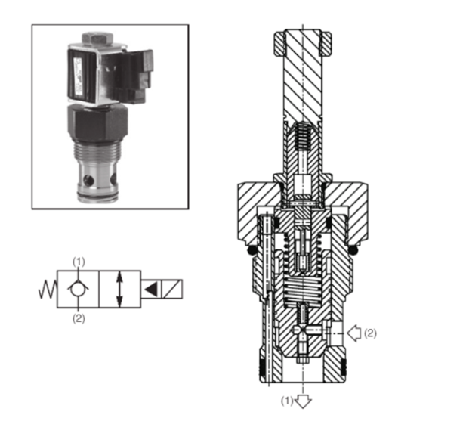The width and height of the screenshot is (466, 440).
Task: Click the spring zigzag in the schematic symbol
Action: click(x=47, y=289)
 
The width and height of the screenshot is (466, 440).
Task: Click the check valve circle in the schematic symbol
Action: click(x=77, y=289)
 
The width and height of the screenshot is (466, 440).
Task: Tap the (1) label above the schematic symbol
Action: click(x=78, y=261)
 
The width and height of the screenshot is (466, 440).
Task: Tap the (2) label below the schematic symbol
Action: click(x=78, y=318)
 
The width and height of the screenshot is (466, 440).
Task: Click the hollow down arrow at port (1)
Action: click(x=304, y=400)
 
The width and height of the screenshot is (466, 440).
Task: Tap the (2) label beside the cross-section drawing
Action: click(x=371, y=332)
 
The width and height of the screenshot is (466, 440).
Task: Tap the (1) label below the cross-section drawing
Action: click(x=287, y=401)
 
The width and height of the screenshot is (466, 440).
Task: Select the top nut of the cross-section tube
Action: click(x=304, y=41)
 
